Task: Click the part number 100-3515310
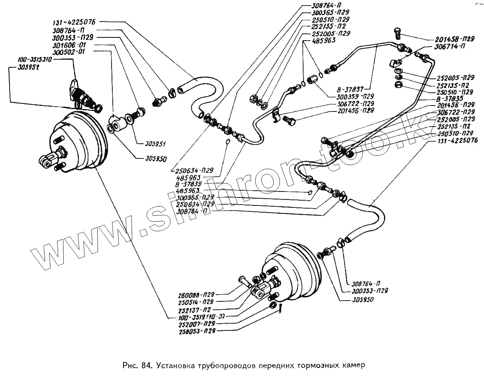(x=35, y=60)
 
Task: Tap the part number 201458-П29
(x=452, y=39)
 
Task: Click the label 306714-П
(x=446, y=47)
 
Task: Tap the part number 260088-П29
(x=197, y=295)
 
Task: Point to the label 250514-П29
(x=197, y=302)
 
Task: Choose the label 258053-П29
(x=197, y=331)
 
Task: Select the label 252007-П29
(x=197, y=324)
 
